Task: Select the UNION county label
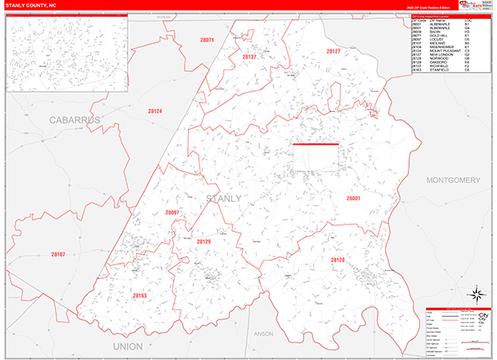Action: (127, 345)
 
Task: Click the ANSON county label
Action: (263, 334)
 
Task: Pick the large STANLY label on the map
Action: (222, 199)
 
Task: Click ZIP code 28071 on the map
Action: (208, 41)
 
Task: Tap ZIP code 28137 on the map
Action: (249, 57)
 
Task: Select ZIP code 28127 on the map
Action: (334, 51)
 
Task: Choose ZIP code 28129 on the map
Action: (204, 241)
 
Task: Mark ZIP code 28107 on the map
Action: (57, 254)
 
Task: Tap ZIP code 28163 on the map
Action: (139, 295)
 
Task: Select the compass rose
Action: (478, 295)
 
